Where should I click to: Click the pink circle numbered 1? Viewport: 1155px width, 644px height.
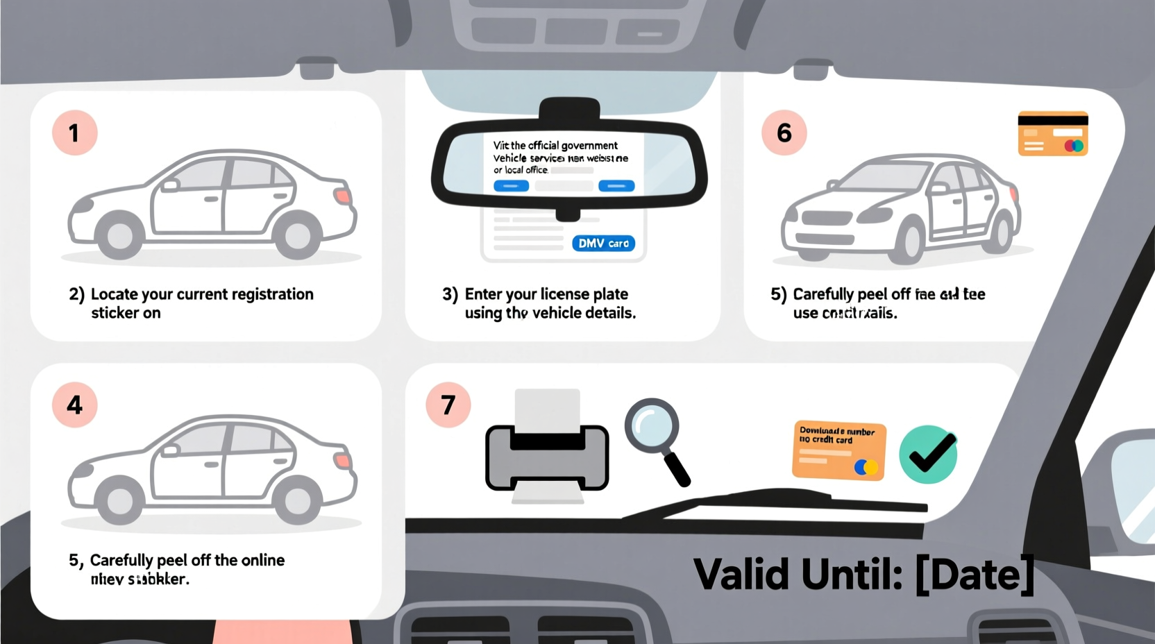(74, 133)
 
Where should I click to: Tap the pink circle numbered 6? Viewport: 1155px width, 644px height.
(784, 133)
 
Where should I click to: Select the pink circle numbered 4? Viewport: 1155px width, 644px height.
(74, 405)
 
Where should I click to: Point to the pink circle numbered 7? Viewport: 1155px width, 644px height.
(448, 405)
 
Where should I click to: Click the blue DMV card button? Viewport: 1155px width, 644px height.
(603, 244)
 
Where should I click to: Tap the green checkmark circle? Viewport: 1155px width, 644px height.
(928, 455)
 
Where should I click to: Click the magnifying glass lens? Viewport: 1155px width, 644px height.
(651, 425)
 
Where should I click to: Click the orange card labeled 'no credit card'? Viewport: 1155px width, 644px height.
(838, 450)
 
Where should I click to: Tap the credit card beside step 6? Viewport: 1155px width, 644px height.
(1052, 133)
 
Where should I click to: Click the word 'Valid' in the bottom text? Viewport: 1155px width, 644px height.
(741, 575)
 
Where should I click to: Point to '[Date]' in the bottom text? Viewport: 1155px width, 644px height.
(975, 575)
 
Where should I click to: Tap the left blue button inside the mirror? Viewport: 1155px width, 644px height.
(511, 186)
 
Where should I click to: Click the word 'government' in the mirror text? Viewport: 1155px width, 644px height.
(589, 146)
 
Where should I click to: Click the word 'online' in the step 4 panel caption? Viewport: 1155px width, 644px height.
(262, 560)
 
